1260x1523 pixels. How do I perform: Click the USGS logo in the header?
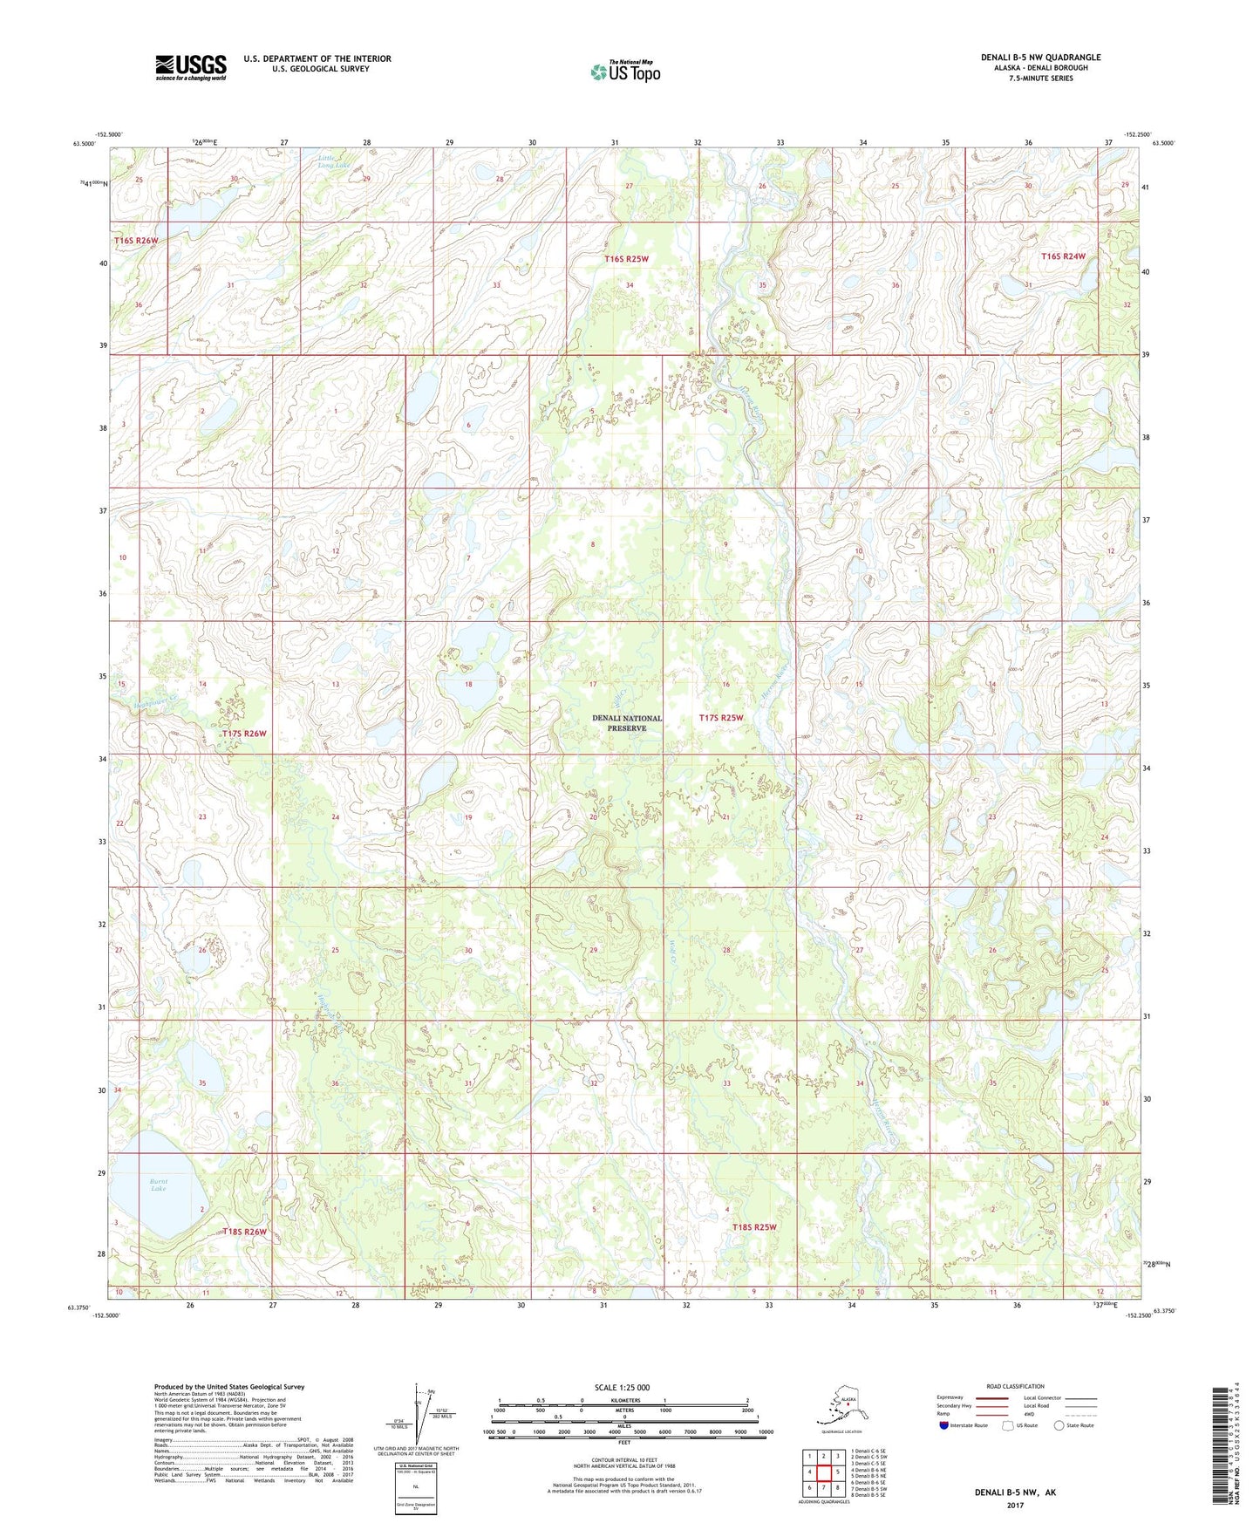tap(190, 67)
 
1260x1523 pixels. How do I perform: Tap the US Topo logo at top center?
tap(624, 71)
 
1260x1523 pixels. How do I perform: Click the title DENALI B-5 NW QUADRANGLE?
tap(1040, 58)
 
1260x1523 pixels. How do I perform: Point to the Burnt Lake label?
tap(158, 1185)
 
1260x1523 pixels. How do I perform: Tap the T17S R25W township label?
tap(721, 718)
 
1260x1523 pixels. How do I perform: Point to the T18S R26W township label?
tap(244, 1232)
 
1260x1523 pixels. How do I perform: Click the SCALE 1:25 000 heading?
tap(622, 1388)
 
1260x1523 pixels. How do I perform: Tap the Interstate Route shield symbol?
tap(944, 1425)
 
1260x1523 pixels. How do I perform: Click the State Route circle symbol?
tap(1059, 1425)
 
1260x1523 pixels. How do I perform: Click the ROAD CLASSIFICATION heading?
tap(1015, 1386)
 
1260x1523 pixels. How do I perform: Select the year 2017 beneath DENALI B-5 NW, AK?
tap(1015, 1505)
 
